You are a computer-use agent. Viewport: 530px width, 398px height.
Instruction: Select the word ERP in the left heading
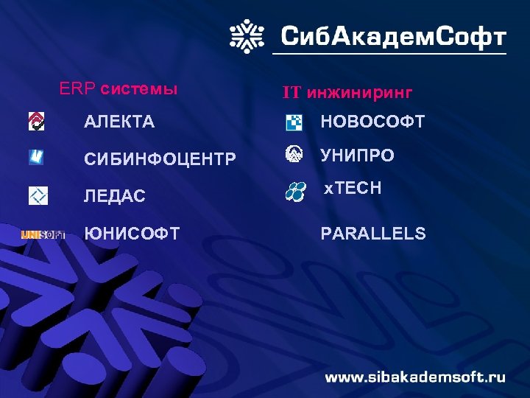[x=77, y=89]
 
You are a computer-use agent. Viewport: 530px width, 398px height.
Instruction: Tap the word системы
[x=139, y=89]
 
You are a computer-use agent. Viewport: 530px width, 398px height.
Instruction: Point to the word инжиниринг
[x=359, y=93]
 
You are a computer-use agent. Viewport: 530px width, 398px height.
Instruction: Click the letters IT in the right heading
[x=292, y=93]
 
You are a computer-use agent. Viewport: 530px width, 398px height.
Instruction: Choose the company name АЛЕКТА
[x=119, y=122]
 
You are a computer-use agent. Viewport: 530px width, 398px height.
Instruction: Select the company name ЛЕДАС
[x=115, y=196]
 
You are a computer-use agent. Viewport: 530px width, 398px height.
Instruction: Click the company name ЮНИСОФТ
[x=132, y=234]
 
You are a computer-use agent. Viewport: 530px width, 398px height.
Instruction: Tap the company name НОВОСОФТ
[x=372, y=122]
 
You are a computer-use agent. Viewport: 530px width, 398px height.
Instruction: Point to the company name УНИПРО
[x=357, y=156]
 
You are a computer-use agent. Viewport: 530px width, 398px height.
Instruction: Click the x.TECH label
[x=353, y=189]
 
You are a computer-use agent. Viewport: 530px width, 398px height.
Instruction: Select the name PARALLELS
[x=373, y=234]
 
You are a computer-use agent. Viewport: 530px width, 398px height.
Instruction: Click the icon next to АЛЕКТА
[x=36, y=122]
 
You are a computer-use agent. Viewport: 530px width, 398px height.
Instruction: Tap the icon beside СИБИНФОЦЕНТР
[x=36, y=157]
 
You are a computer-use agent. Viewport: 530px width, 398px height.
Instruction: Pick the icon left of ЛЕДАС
[x=38, y=195]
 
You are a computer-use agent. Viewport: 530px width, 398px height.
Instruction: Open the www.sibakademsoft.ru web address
[x=415, y=377]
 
